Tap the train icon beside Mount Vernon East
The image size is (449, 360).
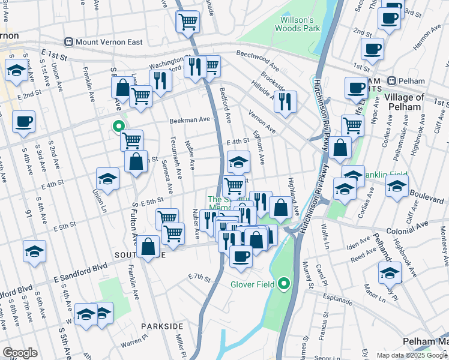click(x=69, y=42)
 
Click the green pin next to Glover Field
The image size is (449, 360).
click(x=285, y=284)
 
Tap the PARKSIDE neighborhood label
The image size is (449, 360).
click(x=162, y=326)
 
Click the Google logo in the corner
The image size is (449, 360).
click(x=20, y=353)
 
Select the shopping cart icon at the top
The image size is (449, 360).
click(x=188, y=22)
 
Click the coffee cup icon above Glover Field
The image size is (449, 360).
click(x=241, y=256)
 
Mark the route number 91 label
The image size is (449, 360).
click(x=28, y=212)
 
